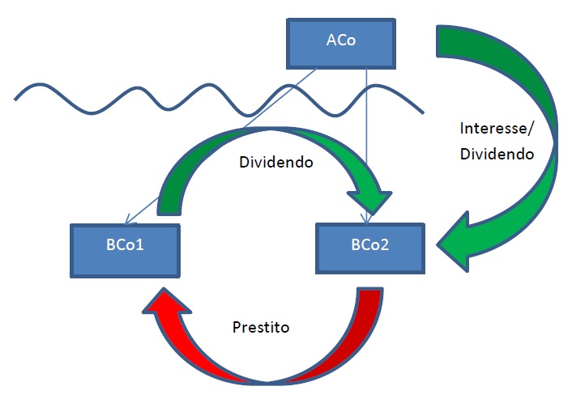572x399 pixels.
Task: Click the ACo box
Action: click(341, 44)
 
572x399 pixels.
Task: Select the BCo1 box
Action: click(125, 251)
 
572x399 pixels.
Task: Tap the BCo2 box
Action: click(370, 248)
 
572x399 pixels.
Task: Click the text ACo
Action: click(341, 40)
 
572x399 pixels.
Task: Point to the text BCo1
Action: click(125, 244)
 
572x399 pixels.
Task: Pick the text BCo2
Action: click(370, 244)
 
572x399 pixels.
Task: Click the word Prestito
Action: click(261, 327)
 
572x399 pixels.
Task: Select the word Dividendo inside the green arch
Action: click(276, 162)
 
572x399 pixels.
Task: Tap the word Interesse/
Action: click(497, 129)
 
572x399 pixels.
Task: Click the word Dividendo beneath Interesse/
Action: click(497, 154)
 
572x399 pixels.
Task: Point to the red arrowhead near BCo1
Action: click(166, 302)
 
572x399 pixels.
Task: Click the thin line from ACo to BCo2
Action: click(367, 146)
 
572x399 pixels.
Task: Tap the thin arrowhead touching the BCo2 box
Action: click(366, 219)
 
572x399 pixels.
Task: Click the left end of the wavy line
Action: click(15, 99)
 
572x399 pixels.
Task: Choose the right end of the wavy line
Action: click(423, 113)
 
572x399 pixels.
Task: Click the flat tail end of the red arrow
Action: click(369, 290)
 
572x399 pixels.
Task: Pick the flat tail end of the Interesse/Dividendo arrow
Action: click(438, 41)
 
